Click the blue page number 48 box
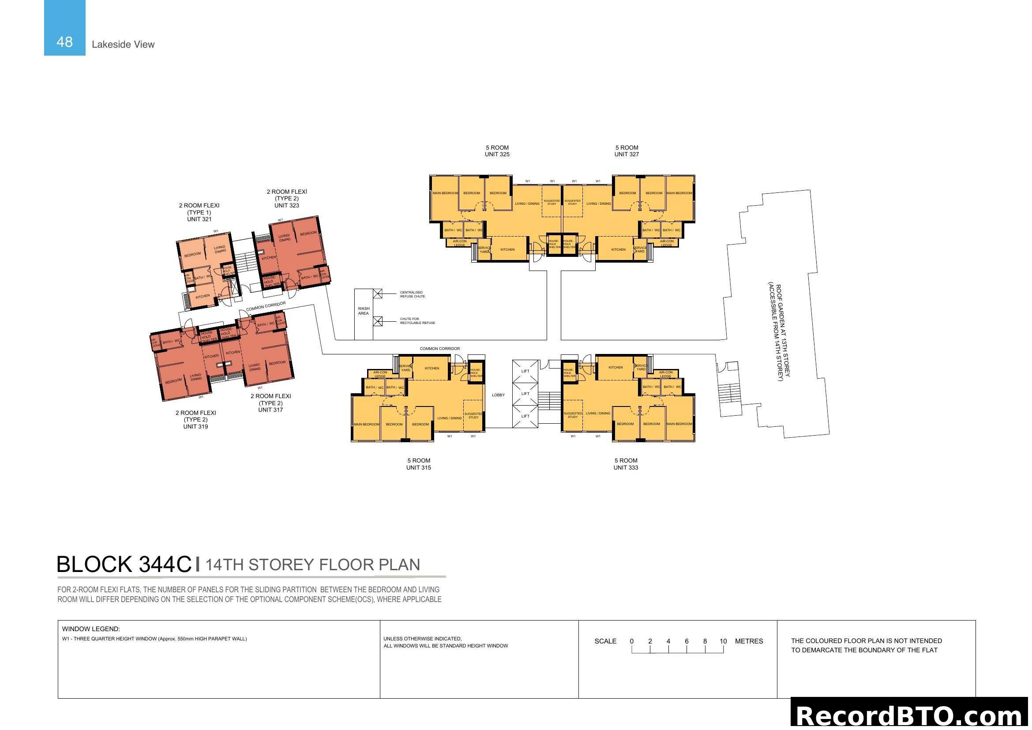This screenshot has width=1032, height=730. pyautogui.click(x=64, y=28)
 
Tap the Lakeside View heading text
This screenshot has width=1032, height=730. pyautogui.click(x=123, y=45)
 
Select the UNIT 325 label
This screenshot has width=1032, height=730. pyautogui.click(x=497, y=154)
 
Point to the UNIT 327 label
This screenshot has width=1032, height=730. pyautogui.click(x=626, y=154)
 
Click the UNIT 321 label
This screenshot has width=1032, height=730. pyautogui.click(x=199, y=219)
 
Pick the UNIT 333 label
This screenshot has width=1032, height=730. pyautogui.click(x=625, y=467)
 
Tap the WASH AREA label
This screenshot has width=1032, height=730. pyautogui.click(x=363, y=311)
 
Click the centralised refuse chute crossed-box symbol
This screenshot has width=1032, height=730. pyautogui.click(x=378, y=294)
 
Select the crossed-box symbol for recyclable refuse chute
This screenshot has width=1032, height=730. pyautogui.click(x=378, y=321)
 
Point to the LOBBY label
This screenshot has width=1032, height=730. pyautogui.click(x=498, y=395)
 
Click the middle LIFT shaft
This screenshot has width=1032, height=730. pyautogui.click(x=525, y=394)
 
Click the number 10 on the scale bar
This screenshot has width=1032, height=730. pyautogui.click(x=723, y=641)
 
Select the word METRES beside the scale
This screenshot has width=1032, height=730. pyautogui.click(x=748, y=641)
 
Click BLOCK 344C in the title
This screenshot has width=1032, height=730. pyautogui.click(x=124, y=564)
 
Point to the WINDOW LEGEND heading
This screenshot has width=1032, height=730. pyautogui.click(x=91, y=629)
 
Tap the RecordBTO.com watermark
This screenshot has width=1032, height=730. pyautogui.click(x=911, y=715)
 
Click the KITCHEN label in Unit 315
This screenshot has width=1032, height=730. pyautogui.click(x=432, y=368)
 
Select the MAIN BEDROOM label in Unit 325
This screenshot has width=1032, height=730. pyautogui.click(x=445, y=193)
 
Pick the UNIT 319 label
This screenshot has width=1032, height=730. pyautogui.click(x=195, y=427)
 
